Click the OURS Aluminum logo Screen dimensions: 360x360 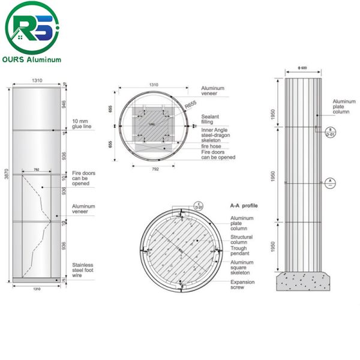point(33,33)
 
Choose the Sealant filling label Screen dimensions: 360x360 point(211,119)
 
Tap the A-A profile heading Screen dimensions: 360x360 point(244,205)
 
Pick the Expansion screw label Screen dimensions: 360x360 point(243,285)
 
